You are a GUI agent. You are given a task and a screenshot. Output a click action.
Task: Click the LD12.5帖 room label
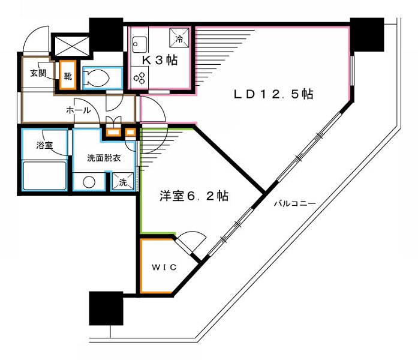[273, 94]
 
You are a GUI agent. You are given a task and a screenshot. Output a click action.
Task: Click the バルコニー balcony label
[294, 203]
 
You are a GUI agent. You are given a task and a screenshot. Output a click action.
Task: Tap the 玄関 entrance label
[38, 74]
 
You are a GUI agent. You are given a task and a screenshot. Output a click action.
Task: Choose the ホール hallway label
[79, 110]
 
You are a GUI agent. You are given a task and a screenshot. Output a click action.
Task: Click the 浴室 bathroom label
[44, 145]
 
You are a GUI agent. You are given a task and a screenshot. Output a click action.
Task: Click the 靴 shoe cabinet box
[67, 76]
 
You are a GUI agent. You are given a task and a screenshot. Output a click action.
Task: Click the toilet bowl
[98, 77]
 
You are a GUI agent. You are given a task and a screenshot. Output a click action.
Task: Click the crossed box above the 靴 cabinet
[72, 44]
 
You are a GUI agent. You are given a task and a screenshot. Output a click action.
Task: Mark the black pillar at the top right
[367, 35]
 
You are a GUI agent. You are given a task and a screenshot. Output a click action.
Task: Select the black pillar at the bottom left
[106, 309]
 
